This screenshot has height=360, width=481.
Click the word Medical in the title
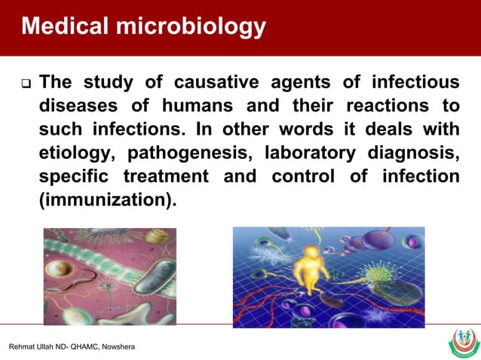click(x=64, y=27)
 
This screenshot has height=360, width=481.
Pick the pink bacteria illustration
click(x=110, y=276)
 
